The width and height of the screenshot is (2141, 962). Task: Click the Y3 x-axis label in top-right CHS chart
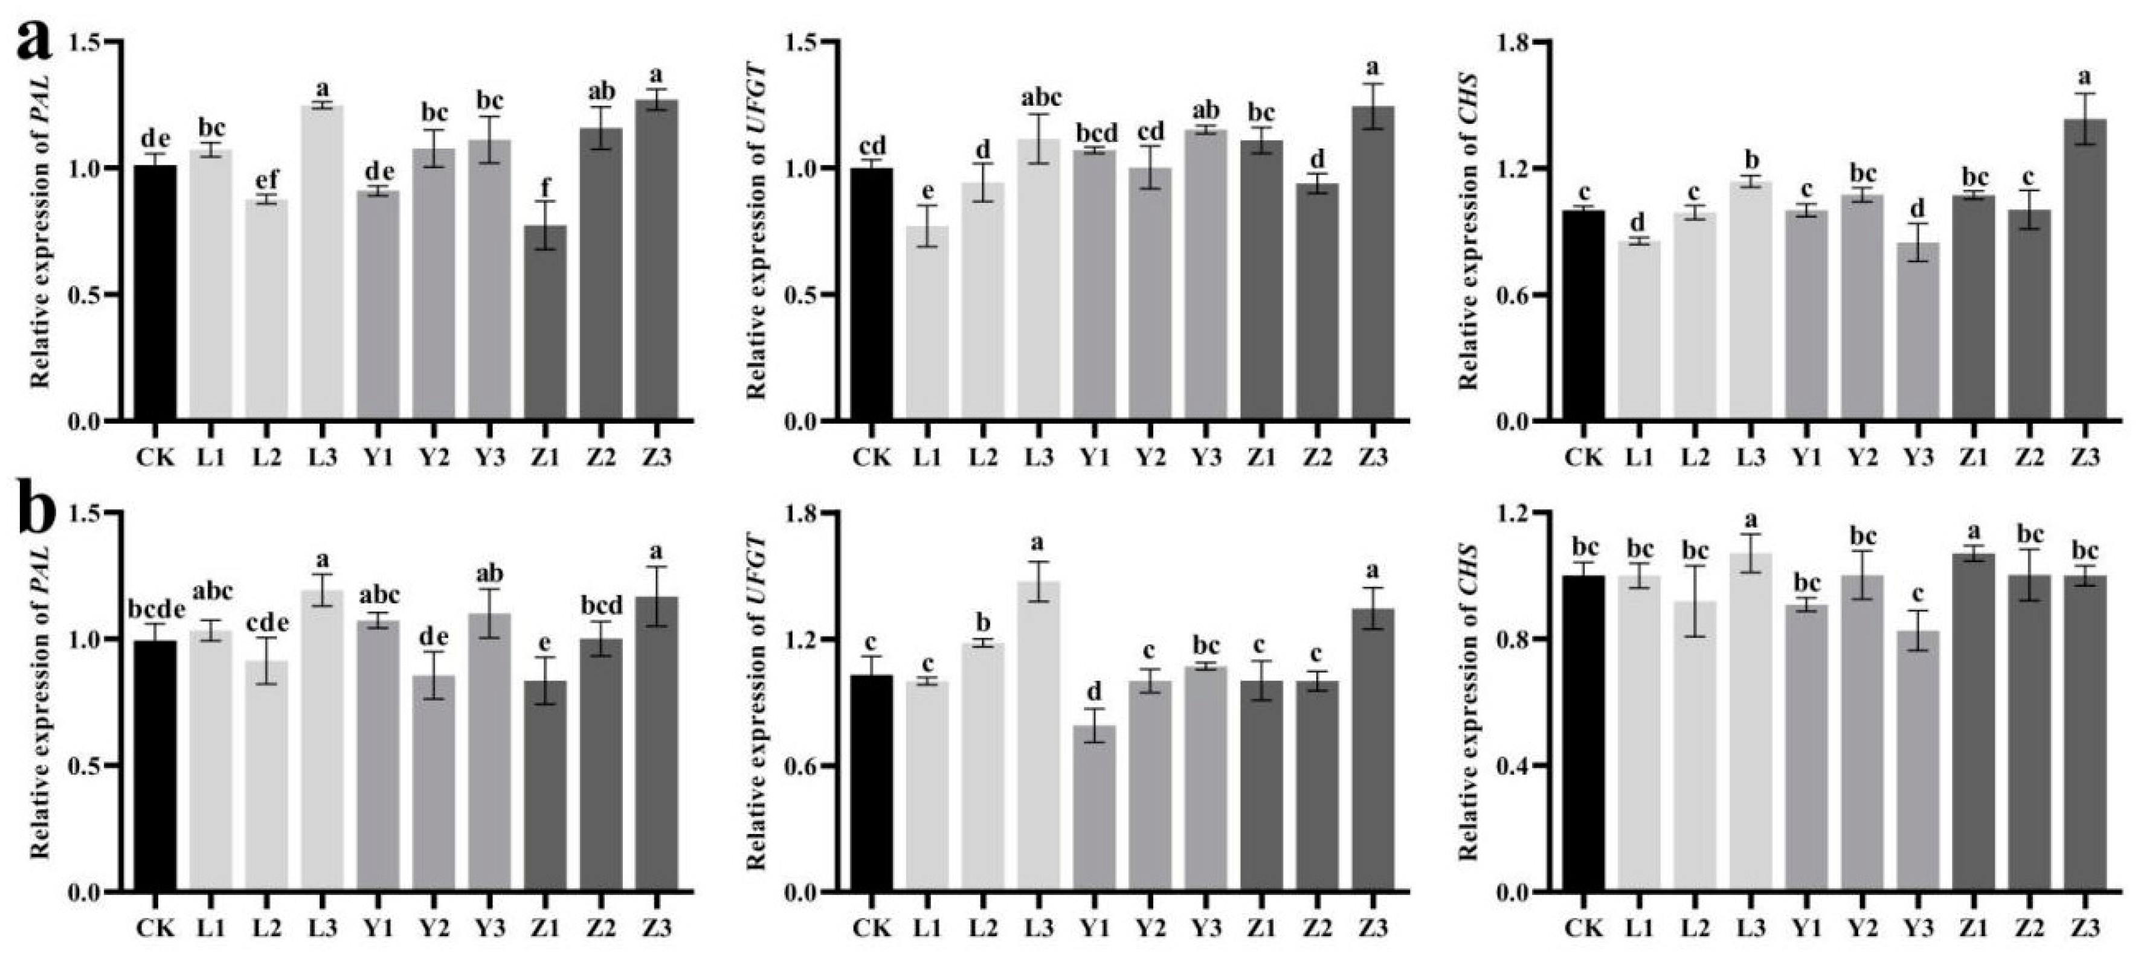pos(1917,458)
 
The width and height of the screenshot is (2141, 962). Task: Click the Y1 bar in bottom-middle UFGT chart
pos(1094,809)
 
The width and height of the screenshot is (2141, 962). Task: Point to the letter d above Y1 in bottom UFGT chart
pos(1094,692)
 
